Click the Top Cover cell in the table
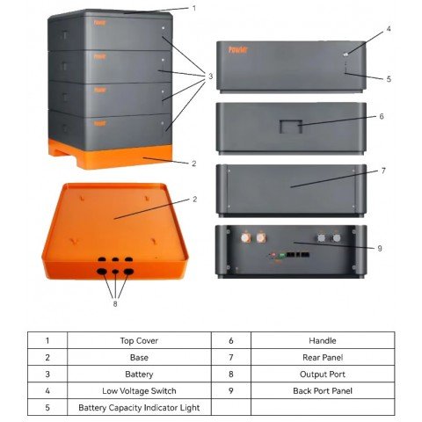pos(139,340)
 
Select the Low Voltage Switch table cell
pos(139,390)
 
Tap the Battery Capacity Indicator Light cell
pos(139,407)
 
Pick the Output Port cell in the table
pos(323,374)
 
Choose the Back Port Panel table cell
pos(323,390)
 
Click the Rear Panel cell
pos(323,357)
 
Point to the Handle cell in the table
pos(323,340)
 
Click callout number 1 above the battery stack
pos(193,8)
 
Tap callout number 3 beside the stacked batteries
pos(210,76)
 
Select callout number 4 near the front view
pos(389,29)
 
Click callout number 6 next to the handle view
pos(382,116)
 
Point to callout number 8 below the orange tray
pos(115,303)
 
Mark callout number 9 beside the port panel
pos(380,249)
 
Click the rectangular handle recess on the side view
pos(291,127)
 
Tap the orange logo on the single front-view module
pos(238,50)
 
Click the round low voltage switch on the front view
pos(346,55)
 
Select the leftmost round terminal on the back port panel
pos(245,237)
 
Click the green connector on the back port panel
pos(282,255)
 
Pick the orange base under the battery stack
pos(111,155)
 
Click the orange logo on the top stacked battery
pos(100,23)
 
